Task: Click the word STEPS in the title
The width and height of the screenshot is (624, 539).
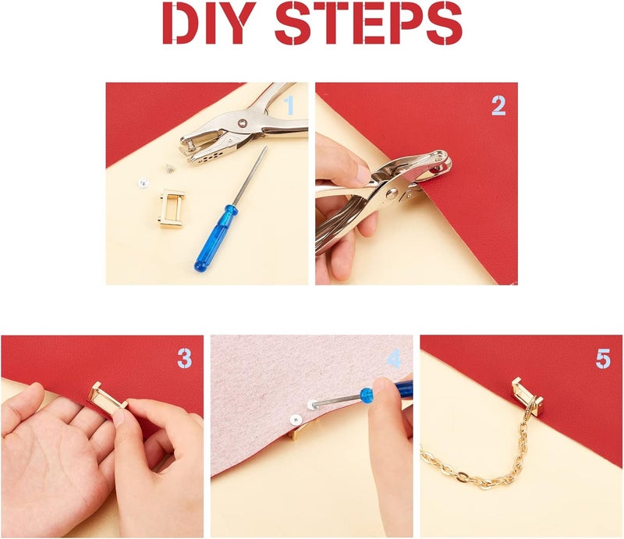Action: pos(368,23)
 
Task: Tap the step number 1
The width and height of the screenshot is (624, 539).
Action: pos(289,105)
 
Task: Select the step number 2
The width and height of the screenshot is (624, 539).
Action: pos(498,106)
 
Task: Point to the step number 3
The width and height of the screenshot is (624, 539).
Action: pos(185,358)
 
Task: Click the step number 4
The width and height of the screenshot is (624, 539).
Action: pos(394,359)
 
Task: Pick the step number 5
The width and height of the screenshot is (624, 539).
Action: pos(603,359)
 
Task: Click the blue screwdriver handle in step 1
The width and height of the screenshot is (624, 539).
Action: pos(215,239)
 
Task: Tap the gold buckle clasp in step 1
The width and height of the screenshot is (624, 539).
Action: pos(172,208)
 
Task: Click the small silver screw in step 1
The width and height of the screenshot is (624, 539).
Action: pos(170,168)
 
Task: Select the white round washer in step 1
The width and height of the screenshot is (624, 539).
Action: pos(144,183)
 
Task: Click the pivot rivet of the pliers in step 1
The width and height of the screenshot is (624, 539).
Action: pos(243,123)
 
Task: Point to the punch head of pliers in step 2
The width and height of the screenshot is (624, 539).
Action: pos(441,161)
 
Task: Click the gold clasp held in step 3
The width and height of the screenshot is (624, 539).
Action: pos(108,399)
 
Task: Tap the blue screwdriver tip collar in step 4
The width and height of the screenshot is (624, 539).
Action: pos(367,395)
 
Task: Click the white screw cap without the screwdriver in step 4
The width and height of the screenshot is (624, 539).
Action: pos(295,419)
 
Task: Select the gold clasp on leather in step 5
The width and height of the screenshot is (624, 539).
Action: pos(528,396)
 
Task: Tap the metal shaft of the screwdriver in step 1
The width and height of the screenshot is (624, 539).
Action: pos(250,176)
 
